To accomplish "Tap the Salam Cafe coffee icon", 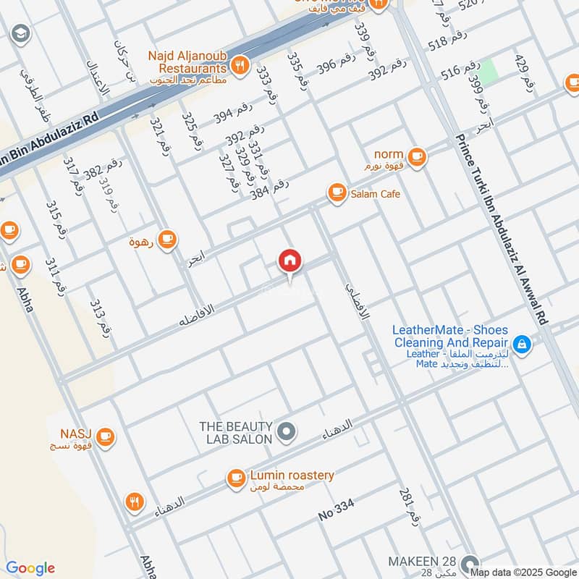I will coord(337,193).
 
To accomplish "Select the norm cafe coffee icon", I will coord(416,155).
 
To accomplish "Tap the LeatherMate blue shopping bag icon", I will coord(521,344).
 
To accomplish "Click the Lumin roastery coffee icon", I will coord(236,478).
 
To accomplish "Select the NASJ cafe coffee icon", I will coord(106,436).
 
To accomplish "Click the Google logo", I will coord(30,568).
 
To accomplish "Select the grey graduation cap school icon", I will coord(20,33).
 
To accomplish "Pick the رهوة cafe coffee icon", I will coord(167,239).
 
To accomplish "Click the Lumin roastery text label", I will coord(292,475).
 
